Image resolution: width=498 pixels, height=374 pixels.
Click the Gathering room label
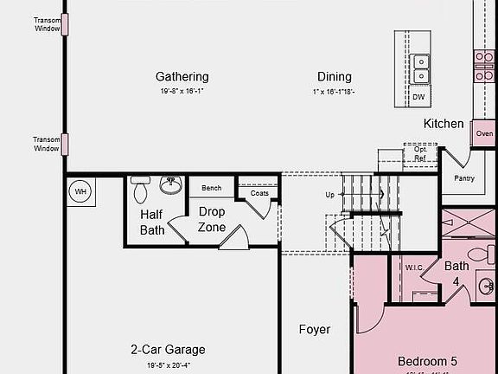[x=182, y=76]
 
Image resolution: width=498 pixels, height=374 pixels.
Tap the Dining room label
[x=334, y=76]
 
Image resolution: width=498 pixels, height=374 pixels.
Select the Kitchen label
[x=443, y=124]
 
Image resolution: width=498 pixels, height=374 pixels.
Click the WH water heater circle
[x=81, y=191]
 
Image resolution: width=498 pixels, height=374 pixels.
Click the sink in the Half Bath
[x=170, y=184]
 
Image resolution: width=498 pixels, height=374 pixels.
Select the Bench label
[x=211, y=188]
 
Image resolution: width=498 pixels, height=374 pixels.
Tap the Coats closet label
[x=259, y=193]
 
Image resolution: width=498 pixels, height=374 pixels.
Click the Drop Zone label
[x=212, y=219]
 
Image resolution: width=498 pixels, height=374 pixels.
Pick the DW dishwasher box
[x=418, y=97]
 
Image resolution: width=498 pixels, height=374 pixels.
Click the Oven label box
[x=484, y=133]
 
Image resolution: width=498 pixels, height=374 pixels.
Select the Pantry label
[x=464, y=178]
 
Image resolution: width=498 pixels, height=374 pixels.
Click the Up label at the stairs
[x=329, y=195]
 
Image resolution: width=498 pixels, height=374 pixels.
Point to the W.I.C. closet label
[x=414, y=268]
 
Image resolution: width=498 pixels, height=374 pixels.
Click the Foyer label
[x=315, y=329]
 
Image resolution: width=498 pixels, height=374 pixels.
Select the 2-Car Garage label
[x=168, y=350]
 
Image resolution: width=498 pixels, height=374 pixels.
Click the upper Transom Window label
[x=47, y=24]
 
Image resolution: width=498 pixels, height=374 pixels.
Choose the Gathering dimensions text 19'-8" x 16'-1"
[x=183, y=91]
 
